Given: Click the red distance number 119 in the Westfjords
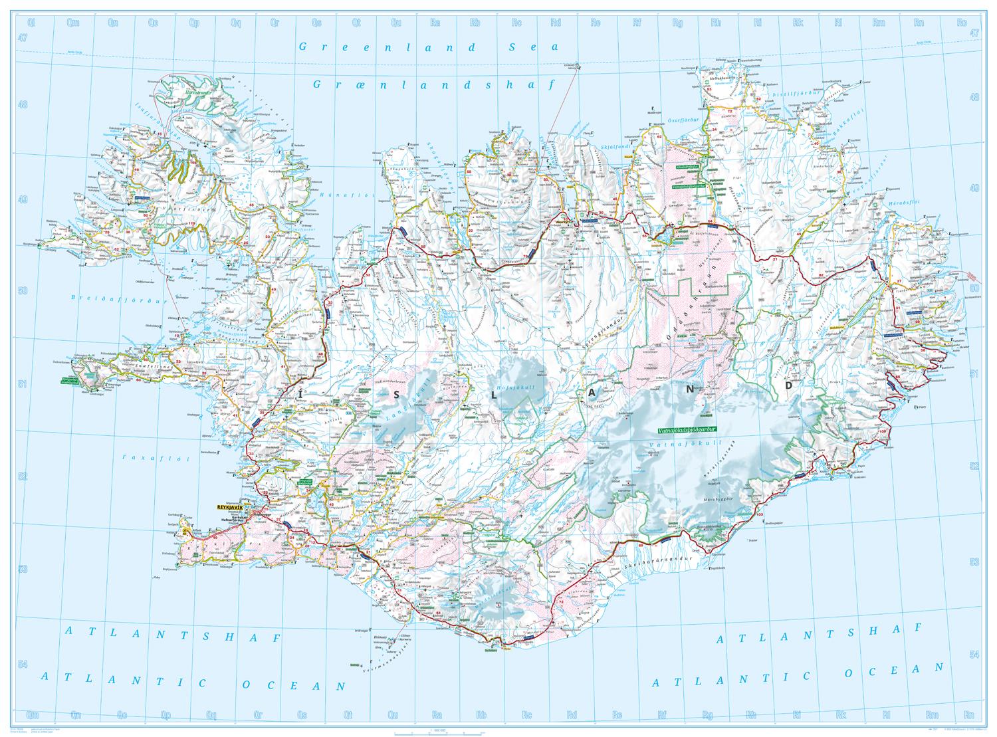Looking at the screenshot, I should [193, 223].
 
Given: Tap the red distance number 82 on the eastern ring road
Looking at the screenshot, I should [822, 274].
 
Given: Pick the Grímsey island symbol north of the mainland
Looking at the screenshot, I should [576, 66].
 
